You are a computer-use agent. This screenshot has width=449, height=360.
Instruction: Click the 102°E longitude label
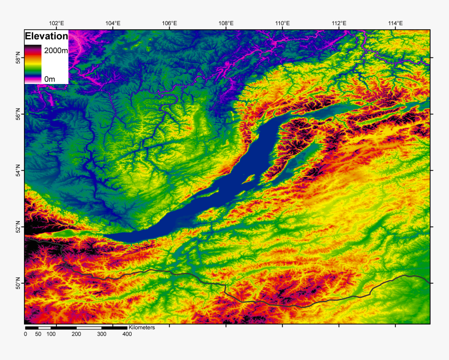pos(56,23)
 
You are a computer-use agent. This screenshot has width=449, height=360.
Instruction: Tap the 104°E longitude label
pos(113,23)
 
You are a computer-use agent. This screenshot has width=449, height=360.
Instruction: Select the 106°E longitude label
pos(169,23)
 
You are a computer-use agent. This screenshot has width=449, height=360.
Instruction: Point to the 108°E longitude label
pos(226,23)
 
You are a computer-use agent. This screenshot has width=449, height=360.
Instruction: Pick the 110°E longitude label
pos(282,23)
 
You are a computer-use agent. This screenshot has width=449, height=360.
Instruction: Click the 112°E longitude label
pos(339,23)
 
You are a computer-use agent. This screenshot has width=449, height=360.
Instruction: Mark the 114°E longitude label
pos(395,23)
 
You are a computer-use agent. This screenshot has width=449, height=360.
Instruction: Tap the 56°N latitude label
pos(19,114)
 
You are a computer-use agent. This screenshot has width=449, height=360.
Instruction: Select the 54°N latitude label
pos(19,170)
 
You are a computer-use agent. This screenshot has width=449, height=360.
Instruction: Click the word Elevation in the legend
pos(46,37)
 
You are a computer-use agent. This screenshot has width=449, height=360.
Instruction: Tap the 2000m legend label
pos(55,51)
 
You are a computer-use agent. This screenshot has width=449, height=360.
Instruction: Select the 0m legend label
pos(49,79)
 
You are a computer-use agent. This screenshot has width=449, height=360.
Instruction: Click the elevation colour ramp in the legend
pos(33,64)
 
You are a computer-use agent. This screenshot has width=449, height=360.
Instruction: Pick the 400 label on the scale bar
pos(127,334)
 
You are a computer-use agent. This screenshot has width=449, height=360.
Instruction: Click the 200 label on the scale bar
pos(76,334)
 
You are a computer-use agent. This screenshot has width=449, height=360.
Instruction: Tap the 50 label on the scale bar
pos(38,334)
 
